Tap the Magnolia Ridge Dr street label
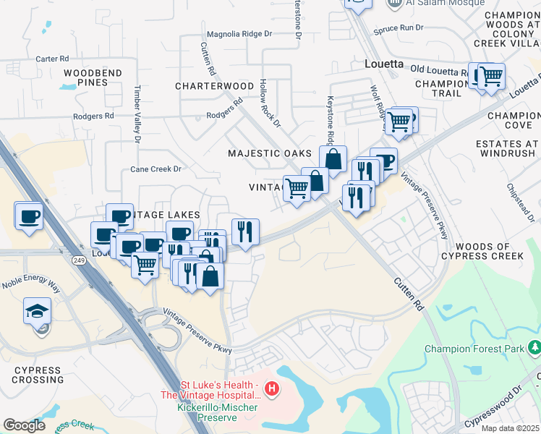point(239,33)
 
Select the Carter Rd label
point(51,59)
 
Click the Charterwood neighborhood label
point(214,85)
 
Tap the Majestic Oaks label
point(269,153)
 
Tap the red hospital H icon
point(272,389)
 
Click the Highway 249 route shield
point(79,258)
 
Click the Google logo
point(24,425)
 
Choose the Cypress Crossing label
point(37,375)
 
